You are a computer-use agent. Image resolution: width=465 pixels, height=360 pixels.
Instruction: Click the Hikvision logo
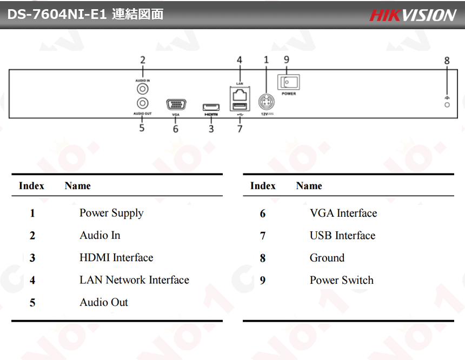tap(413, 15)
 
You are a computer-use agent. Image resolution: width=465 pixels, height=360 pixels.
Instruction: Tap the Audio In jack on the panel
tap(143, 89)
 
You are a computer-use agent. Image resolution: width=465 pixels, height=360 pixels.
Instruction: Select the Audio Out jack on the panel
tap(143, 103)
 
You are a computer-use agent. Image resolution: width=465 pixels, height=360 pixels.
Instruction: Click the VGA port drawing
tap(176, 105)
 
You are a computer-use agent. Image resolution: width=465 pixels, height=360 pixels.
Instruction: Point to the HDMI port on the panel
tap(211, 107)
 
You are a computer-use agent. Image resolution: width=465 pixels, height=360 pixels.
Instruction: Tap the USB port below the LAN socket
tap(240, 106)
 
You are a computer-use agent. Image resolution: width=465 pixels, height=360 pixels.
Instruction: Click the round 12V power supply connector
tap(267, 102)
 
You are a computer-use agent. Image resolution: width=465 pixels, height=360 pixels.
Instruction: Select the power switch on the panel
tap(289, 82)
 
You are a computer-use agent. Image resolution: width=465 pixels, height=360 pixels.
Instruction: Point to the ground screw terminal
tap(447, 105)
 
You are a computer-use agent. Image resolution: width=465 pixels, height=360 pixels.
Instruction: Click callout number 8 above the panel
tap(447, 61)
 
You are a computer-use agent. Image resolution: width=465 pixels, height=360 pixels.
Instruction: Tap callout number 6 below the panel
tap(176, 129)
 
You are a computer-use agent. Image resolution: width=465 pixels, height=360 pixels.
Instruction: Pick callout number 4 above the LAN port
tap(240, 60)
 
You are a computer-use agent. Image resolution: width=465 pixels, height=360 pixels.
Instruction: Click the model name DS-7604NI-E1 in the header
tap(57, 14)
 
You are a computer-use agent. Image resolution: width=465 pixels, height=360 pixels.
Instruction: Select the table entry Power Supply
tap(111, 214)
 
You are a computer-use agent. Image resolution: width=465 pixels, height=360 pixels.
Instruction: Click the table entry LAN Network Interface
tap(134, 280)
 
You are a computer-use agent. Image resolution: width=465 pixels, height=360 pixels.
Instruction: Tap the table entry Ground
tap(327, 258)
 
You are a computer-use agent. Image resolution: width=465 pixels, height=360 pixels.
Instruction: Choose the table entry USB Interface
tap(342, 236)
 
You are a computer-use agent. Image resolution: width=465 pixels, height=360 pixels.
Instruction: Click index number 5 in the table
tap(32, 303)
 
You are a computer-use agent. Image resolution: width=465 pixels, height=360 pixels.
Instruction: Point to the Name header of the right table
tap(309, 185)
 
